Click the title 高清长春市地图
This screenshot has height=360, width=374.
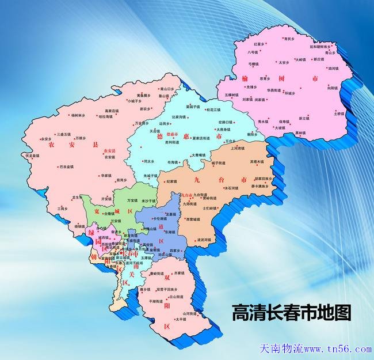pos(291,313)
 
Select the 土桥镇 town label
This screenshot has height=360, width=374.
pos(339,113)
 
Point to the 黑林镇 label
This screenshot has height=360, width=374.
pos(300,133)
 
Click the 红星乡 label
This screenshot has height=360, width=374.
pos(259,44)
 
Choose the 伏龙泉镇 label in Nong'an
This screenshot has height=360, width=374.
pos(33,156)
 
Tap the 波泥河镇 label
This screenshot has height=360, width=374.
pos(205,239)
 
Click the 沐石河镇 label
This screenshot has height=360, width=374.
pos(230,188)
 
